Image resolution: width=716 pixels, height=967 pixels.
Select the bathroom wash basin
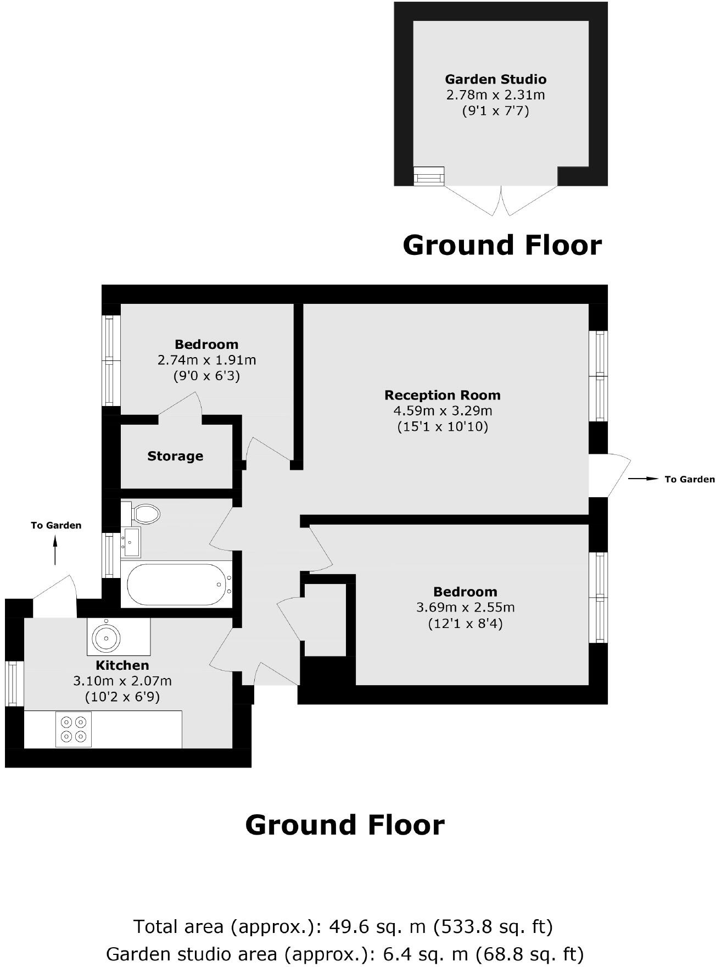pyautogui.click(x=131, y=542)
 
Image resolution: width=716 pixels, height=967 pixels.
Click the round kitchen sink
pyautogui.click(x=106, y=637)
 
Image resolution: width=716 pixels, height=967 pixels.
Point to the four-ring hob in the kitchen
pyautogui.click(x=74, y=729)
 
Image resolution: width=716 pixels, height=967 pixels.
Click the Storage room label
pyautogui.click(x=175, y=456)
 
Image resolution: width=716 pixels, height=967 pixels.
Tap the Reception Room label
pyautogui.click(x=442, y=395)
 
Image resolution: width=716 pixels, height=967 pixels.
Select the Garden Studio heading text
pyautogui.click(x=495, y=79)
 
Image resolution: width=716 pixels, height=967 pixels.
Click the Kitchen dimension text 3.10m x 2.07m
pyautogui.click(x=122, y=681)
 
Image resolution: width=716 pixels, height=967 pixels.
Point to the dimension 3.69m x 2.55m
pyautogui.click(x=465, y=608)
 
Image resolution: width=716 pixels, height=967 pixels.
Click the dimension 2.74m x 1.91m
pyautogui.click(x=206, y=360)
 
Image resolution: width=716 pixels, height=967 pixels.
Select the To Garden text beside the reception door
pyautogui.click(x=689, y=480)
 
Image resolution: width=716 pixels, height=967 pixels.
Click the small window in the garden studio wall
pyautogui.click(x=428, y=176)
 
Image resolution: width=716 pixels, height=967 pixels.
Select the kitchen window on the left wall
pyautogui.click(x=12, y=683)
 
